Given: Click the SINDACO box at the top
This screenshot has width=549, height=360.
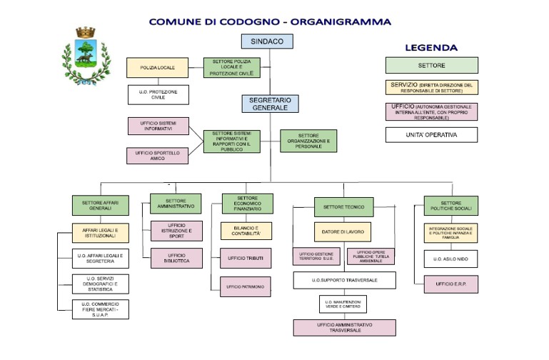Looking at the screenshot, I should (267, 41).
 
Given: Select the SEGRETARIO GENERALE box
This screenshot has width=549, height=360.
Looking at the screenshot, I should (269, 104).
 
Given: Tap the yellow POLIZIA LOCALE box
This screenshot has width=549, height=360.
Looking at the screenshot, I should (158, 68).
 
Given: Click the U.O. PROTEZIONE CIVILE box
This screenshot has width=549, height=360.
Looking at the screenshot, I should (158, 94).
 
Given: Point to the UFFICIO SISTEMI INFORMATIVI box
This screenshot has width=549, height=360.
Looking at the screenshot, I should (158, 126).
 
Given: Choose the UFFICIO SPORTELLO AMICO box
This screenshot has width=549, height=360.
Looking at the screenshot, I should (158, 156).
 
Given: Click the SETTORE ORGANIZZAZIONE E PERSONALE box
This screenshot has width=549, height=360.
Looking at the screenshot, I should (308, 141).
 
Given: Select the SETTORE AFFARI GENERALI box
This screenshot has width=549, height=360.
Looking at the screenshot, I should (100, 205).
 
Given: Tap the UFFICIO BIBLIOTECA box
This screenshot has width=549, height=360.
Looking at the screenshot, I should (176, 258).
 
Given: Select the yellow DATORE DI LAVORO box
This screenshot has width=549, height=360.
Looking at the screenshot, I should (343, 231).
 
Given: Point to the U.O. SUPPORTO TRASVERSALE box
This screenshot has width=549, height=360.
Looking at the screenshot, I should (343, 280).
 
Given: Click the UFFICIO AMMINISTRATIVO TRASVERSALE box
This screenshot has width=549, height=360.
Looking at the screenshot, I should (343, 327).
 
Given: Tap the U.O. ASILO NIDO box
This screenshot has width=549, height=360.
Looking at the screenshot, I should (450, 258).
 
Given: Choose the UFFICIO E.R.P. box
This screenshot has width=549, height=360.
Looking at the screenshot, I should (450, 284).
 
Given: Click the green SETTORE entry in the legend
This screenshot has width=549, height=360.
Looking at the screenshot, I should (431, 65).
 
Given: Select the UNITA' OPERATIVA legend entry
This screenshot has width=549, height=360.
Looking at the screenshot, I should (431, 134).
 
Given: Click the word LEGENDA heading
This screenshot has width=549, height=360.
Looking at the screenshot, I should (431, 48).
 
